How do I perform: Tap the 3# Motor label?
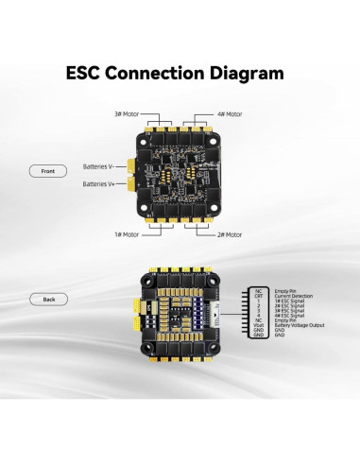(x=126, y=114)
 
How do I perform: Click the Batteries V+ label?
(x=100, y=184)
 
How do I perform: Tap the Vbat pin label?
(x=258, y=326)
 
